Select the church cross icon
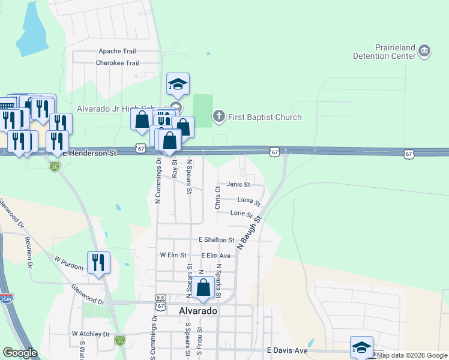coord(219,116)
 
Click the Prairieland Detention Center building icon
coord(424,51)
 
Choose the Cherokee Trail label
coord(117,63)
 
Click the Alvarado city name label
coord(198,311)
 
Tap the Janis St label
coord(237,184)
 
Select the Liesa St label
coord(249,200)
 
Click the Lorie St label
coord(241,214)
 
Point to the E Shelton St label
coord(216,240)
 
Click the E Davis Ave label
coord(287,350)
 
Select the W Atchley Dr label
coord(91,334)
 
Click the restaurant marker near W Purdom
coord(98,263)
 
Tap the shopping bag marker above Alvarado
coord(203,289)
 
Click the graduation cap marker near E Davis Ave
coord(361,347)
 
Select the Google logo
coord(20,353)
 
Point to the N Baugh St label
coord(250,233)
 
